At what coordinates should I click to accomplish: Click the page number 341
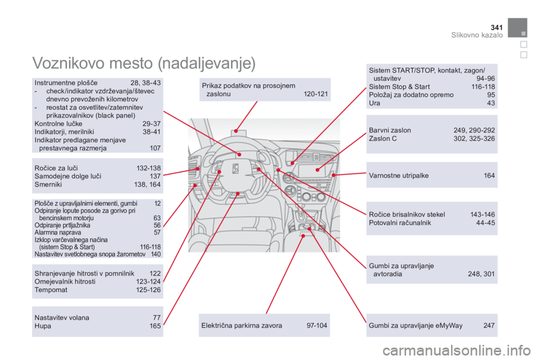click(496, 27)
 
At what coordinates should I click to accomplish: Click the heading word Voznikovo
click(68, 63)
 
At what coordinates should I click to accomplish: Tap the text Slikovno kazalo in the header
click(476, 35)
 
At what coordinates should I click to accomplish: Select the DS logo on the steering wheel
click(235, 169)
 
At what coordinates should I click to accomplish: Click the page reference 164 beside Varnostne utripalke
click(489, 175)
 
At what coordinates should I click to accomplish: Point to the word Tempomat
click(51, 290)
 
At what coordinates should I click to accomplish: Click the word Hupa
click(43, 326)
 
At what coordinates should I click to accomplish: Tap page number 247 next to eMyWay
click(489, 326)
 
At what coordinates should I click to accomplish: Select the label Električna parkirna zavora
click(241, 326)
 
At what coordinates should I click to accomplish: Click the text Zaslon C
click(382, 138)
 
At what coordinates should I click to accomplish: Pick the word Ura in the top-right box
click(375, 103)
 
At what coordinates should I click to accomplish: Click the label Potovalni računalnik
click(399, 223)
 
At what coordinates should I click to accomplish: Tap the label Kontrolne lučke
click(58, 124)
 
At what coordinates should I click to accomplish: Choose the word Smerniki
click(48, 184)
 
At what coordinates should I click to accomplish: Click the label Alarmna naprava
click(58, 232)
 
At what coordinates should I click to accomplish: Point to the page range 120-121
click(316, 94)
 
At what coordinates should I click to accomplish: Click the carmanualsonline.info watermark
click(456, 350)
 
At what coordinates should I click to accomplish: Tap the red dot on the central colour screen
click(317, 170)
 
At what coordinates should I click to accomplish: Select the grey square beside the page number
click(517, 28)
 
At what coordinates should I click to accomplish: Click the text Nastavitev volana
click(62, 318)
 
